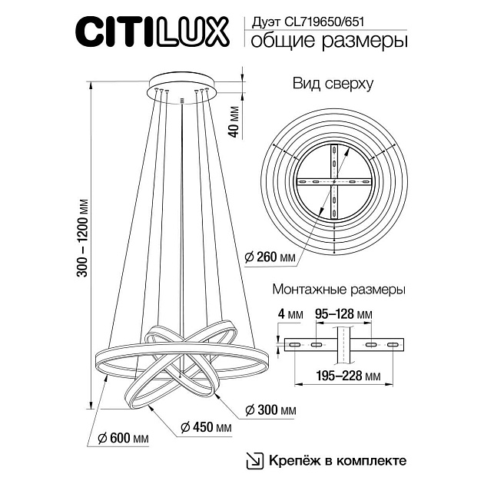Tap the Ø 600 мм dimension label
pos(124,438)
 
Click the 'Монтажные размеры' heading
pos(339,290)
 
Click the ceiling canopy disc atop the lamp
pos(181,82)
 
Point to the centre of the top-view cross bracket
pos(335,182)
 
